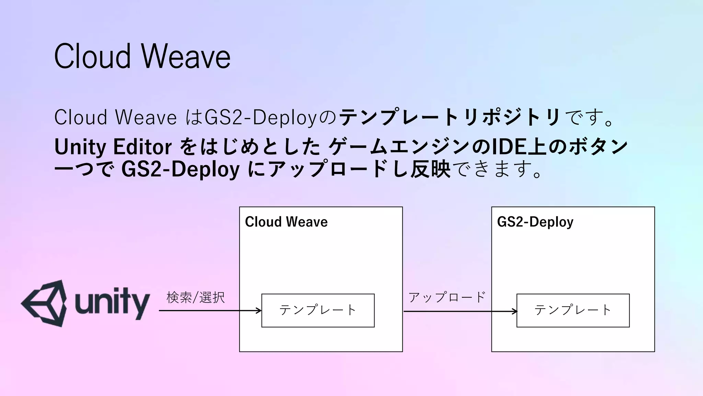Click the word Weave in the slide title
(186, 57)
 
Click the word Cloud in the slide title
(93, 57)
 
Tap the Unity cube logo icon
(44, 303)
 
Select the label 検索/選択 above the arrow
(196, 297)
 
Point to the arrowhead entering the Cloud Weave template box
(260, 311)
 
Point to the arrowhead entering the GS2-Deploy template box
(515, 311)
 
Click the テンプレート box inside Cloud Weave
(318, 310)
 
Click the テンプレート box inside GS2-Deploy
(573, 310)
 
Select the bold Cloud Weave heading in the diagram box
(286, 222)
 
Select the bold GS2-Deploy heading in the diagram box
(535, 222)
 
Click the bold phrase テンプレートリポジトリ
(450, 117)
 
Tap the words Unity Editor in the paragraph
(113, 147)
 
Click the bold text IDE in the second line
(506, 147)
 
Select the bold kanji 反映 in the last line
(430, 169)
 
